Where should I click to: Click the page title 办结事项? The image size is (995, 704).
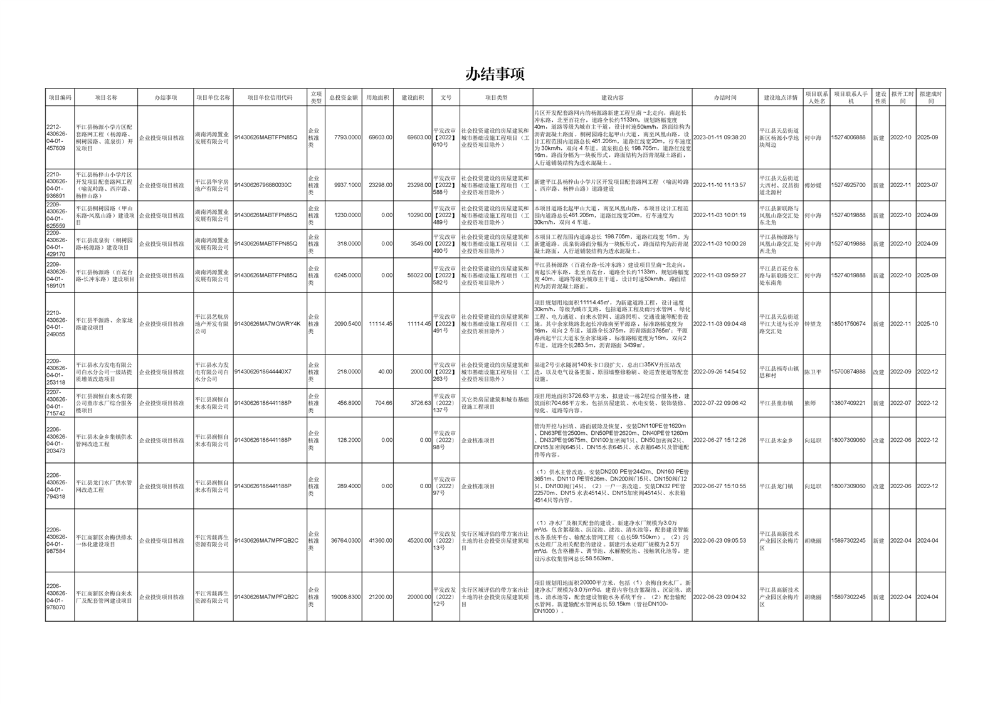(495, 74)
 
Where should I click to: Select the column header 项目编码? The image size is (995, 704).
(60, 98)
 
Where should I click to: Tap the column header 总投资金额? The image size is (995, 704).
(344, 98)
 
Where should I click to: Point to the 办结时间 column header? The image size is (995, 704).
(725, 98)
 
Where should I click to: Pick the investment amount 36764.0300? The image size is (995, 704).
(345, 541)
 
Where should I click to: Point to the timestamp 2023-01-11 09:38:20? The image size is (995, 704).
(720, 137)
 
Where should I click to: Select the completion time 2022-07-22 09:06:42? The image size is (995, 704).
(720, 403)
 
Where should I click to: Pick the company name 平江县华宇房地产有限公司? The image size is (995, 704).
(212, 185)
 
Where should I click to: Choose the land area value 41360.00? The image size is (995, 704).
(380, 541)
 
